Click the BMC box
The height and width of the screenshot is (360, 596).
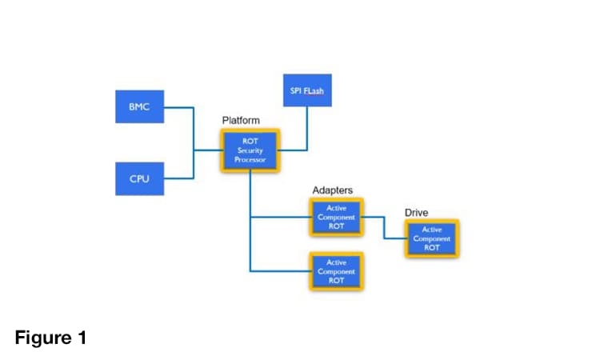point(140,106)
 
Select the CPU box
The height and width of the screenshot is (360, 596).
point(140,178)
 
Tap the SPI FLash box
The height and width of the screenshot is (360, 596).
point(307,90)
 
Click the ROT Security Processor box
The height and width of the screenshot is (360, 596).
point(250,150)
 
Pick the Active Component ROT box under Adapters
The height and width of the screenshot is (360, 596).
point(336,217)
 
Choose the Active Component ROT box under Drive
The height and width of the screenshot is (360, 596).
point(432,238)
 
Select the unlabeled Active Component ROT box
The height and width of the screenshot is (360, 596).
point(336,271)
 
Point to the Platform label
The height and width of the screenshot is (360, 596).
point(241,120)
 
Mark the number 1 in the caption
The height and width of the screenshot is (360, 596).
point(81,338)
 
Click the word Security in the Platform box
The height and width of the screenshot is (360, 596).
point(250,150)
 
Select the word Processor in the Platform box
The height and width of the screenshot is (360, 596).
point(250,159)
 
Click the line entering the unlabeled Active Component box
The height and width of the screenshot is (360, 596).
point(280,271)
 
